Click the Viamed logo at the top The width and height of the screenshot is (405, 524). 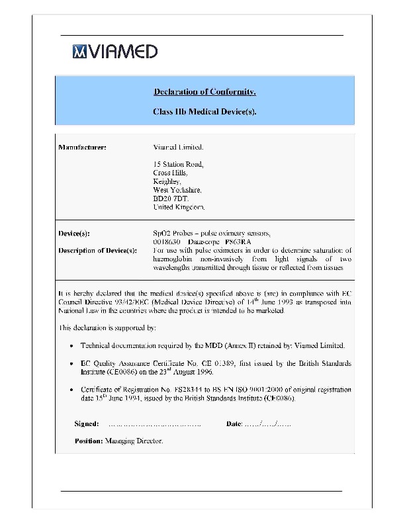pyautogui.click(x=115, y=52)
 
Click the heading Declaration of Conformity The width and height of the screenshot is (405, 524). pyautogui.click(x=204, y=91)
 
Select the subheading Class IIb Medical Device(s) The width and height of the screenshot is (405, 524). pyautogui.click(x=204, y=112)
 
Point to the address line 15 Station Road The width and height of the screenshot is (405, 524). pyautogui.click(x=179, y=164)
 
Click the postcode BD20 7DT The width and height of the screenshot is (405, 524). pyautogui.click(x=171, y=198)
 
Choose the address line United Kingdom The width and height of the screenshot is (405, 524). pyautogui.click(x=179, y=207)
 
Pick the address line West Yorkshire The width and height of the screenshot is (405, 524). pyautogui.click(x=177, y=190)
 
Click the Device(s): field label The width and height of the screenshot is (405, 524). pyautogui.click(x=75, y=233)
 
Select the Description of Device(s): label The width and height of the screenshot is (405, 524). pyautogui.click(x=98, y=250)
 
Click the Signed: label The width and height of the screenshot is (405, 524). pyautogui.click(x=87, y=423)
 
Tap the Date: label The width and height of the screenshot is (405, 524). pyautogui.click(x=234, y=423)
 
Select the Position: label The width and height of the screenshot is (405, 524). pyautogui.click(x=89, y=441)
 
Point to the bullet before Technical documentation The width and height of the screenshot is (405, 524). pyautogui.click(x=71, y=346)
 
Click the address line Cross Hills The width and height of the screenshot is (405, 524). pyautogui.click(x=170, y=173)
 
